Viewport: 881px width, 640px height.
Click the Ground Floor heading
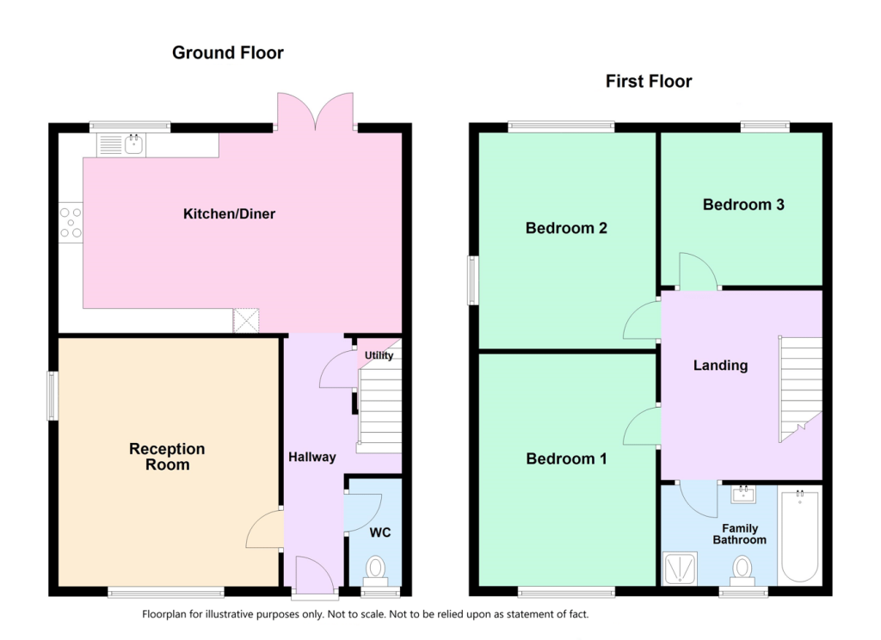click(227, 52)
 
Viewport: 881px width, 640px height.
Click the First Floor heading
click(649, 82)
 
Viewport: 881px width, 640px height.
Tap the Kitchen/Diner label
click(229, 214)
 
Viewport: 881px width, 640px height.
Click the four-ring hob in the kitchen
click(71, 223)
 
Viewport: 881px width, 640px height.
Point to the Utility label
click(379, 355)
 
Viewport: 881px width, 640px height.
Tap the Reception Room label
click(167, 457)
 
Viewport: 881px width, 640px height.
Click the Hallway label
click(311, 458)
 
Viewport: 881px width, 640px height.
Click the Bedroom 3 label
click(743, 205)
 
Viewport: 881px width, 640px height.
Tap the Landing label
click(720, 366)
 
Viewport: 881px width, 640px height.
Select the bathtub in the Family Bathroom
click(799, 534)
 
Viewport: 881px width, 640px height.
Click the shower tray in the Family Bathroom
click(681, 569)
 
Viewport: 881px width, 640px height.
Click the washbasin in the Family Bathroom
click(743, 494)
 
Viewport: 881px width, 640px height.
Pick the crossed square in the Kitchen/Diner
click(246, 320)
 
